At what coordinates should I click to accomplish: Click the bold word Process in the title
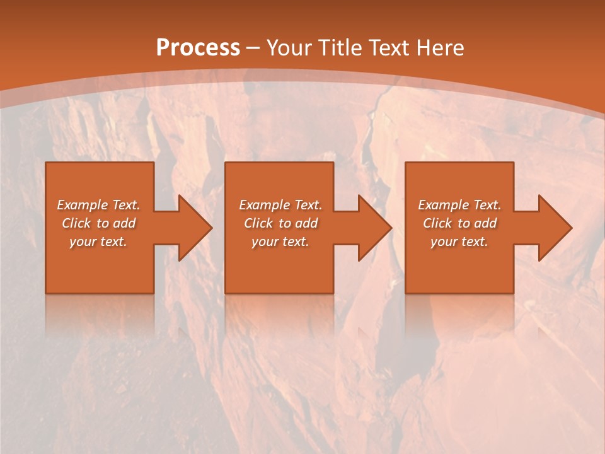(x=198, y=48)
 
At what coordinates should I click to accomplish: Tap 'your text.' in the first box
(x=98, y=242)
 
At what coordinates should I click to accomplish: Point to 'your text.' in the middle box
(x=280, y=242)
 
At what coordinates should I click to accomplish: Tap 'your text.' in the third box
(x=459, y=242)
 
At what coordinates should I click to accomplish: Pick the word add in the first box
(x=124, y=223)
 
